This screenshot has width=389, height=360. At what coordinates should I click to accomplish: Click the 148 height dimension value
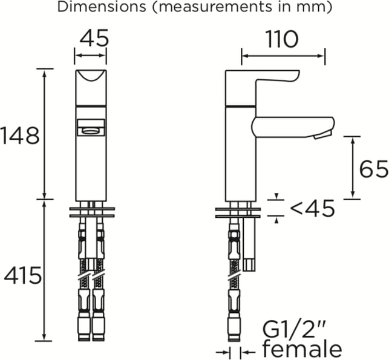(20, 136)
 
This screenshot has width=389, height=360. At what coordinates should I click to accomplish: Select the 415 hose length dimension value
(22, 275)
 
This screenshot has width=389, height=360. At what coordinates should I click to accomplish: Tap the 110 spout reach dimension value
(282, 39)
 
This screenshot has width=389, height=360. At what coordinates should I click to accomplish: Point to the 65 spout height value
(374, 169)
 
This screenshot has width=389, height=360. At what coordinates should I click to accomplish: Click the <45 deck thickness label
(312, 208)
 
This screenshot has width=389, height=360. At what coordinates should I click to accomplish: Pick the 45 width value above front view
(94, 38)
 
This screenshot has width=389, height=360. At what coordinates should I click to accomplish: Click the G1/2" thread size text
(294, 329)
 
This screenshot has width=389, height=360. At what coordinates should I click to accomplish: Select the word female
(302, 349)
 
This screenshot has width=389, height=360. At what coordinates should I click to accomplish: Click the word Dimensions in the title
(102, 7)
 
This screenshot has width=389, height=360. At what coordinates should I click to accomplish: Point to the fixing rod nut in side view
(249, 264)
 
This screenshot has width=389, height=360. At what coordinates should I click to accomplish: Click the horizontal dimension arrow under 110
(283, 56)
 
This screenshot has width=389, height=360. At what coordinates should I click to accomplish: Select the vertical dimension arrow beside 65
(353, 168)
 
